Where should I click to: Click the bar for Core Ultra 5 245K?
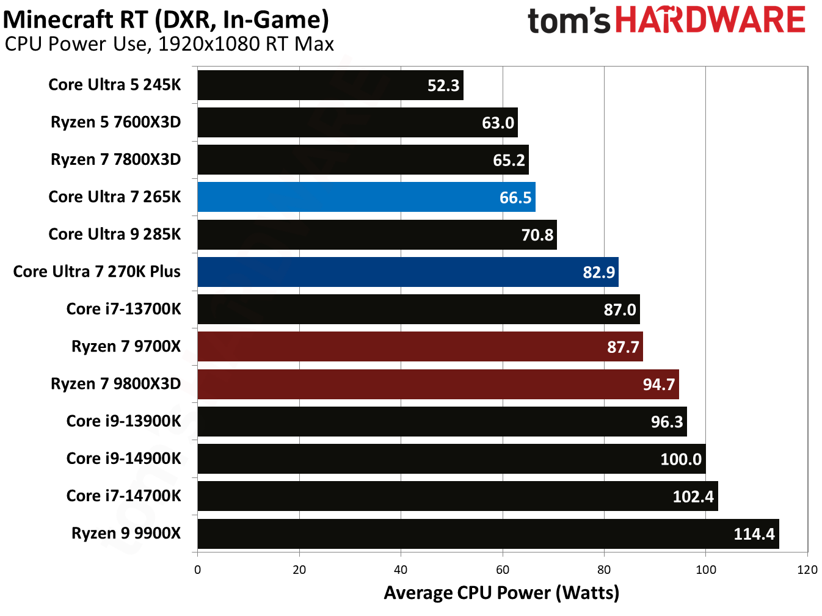pyautogui.click(x=330, y=85)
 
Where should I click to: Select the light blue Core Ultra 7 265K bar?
pyautogui.click(x=366, y=197)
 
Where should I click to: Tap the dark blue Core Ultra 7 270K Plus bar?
pyautogui.click(x=408, y=272)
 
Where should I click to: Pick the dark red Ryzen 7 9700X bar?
pyautogui.click(x=420, y=347)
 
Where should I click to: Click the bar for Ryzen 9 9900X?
pyautogui.click(x=488, y=534)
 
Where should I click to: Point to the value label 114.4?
pyautogui.click(x=754, y=534)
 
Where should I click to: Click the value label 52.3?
pyautogui.click(x=443, y=85)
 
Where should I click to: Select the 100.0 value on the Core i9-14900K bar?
pyautogui.click(x=681, y=459)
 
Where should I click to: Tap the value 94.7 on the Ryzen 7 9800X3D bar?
pyautogui.click(x=659, y=385)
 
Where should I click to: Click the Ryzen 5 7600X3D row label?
pyautogui.click(x=116, y=122)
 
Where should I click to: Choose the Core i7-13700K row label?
pyautogui.click(x=124, y=309)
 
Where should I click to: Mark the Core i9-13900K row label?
pyautogui.click(x=124, y=421)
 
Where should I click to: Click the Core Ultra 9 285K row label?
pyautogui.click(x=115, y=234)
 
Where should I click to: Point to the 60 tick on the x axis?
pyautogui.click(x=503, y=570)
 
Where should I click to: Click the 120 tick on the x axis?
pyautogui.click(x=807, y=570)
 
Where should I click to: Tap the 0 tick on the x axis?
pyautogui.click(x=197, y=570)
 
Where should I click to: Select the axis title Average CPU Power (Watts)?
pyautogui.click(x=501, y=593)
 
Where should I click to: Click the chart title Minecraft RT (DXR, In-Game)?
pyautogui.click(x=166, y=20)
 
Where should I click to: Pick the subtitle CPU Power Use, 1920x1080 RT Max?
pyautogui.click(x=169, y=45)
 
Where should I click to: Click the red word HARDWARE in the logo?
pyautogui.click(x=710, y=20)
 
